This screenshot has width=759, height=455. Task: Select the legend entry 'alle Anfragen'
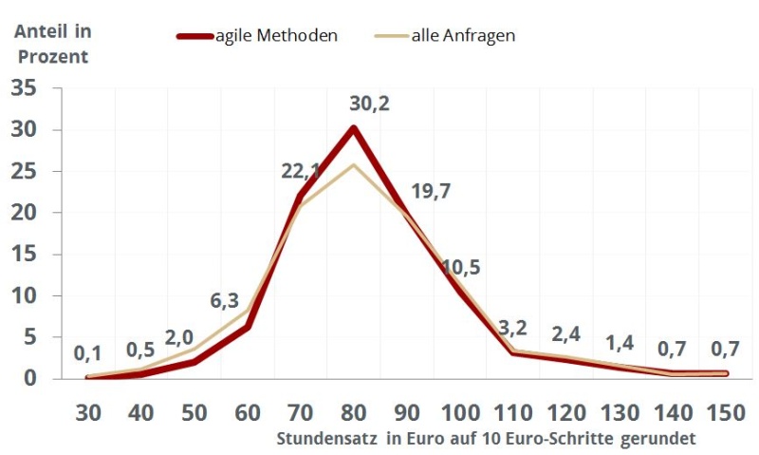tap(463, 36)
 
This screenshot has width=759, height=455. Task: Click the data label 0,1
tap(87, 354)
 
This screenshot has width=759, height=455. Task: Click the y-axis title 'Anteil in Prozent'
tap(52, 44)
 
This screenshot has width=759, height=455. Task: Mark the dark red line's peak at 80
tap(354, 128)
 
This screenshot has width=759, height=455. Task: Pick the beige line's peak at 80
tap(354, 165)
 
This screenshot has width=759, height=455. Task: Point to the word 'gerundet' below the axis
tap(659, 440)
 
